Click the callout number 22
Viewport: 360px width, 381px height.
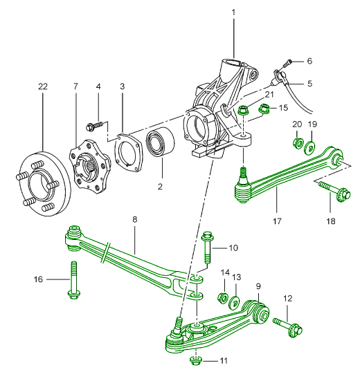pos(43,86)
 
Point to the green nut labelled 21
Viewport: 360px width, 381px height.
pos(242,110)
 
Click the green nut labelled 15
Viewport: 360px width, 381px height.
pos(264,109)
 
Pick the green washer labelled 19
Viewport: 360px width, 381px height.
pos(309,147)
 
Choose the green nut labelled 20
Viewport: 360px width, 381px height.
pos(298,143)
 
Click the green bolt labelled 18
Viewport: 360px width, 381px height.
pos(335,192)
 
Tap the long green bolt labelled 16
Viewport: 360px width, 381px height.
pos(73,280)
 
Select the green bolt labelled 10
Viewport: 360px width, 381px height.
pos(207,248)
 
